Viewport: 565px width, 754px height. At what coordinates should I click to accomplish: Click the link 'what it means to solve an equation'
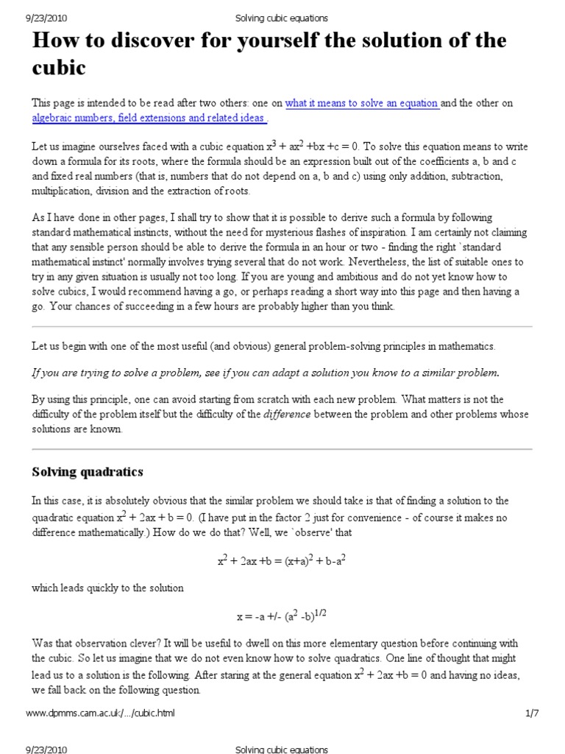pyautogui.click(x=362, y=103)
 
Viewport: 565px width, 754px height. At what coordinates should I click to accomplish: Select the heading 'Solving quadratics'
pyautogui.click(x=88, y=471)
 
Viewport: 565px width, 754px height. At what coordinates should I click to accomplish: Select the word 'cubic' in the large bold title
pyautogui.click(x=60, y=68)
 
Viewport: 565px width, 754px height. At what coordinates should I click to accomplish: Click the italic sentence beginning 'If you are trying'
pyautogui.click(x=265, y=373)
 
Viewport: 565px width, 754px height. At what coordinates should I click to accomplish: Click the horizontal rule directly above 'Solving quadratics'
pyautogui.click(x=282, y=448)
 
